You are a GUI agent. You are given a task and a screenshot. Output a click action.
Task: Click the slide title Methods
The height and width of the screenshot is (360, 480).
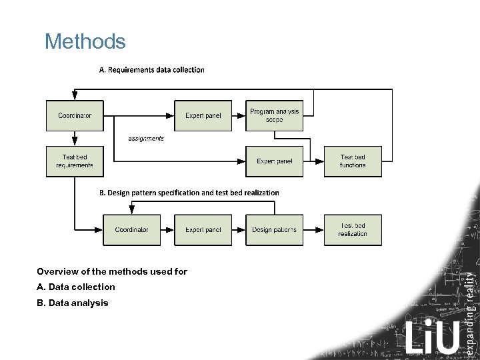(x=85, y=42)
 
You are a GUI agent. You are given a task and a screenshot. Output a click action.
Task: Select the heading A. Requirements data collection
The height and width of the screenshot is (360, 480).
(x=152, y=69)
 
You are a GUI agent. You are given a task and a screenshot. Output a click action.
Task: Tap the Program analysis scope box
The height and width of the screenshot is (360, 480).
(x=274, y=115)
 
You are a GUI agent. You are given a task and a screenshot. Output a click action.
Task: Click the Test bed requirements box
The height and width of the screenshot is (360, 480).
(x=75, y=161)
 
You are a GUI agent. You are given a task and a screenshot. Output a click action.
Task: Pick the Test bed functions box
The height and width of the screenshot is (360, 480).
(x=353, y=161)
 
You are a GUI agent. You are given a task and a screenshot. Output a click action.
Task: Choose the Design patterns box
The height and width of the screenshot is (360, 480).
(x=274, y=230)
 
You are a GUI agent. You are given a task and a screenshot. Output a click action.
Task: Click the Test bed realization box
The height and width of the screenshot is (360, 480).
(x=353, y=230)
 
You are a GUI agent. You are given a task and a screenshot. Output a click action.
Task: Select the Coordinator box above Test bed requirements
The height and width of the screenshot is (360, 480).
(x=75, y=115)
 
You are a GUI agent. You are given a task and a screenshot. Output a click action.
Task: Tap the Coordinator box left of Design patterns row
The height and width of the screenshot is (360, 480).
(x=131, y=230)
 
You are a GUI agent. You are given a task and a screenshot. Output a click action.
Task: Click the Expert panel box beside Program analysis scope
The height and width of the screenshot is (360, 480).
(x=203, y=115)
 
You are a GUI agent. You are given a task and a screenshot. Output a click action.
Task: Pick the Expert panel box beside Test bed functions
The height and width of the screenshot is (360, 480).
(x=274, y=161)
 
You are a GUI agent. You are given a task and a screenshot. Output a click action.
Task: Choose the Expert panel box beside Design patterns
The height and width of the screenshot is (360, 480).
(x=203, y=230)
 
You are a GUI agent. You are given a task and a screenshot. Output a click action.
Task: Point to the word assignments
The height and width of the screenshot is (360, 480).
(x=146, y=139)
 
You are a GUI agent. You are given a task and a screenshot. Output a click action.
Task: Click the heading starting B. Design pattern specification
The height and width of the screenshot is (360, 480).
(x=189, y=193)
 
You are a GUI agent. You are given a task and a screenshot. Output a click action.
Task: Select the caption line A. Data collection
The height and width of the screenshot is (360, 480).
(x=76, y=287)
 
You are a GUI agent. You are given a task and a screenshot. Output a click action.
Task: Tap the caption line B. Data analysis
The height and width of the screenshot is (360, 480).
(x=73, y=303)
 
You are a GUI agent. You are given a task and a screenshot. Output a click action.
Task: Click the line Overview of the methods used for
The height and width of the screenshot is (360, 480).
(x=112, y=271)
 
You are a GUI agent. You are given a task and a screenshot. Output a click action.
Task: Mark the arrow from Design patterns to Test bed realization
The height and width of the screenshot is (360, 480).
(x=314, y=230)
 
